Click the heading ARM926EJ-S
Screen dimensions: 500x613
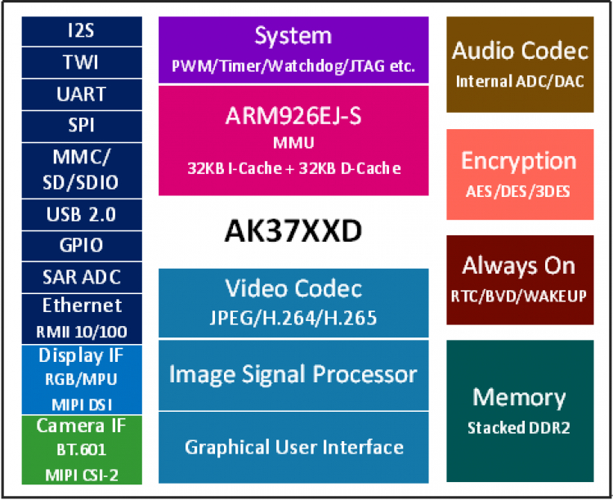[x=293, y=116]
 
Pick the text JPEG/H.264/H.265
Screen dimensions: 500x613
[x=293, y=318]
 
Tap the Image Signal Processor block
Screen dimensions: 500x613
[x=293, y=375]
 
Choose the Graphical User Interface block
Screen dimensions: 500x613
[x=293, y=447]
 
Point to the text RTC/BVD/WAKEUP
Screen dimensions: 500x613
[x=520, y=296]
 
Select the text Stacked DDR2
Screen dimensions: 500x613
[x=520, y=427]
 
